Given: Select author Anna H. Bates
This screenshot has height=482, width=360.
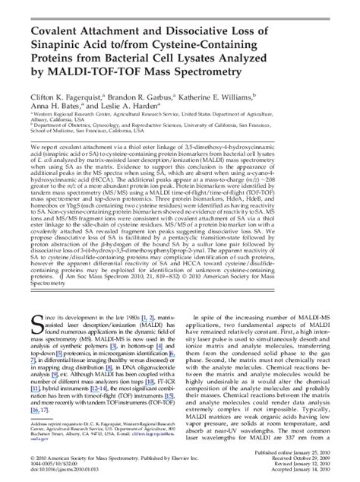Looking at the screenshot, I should click(x=60, y=107).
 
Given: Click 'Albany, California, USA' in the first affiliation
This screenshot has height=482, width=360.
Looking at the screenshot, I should click(x=60, y=121).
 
